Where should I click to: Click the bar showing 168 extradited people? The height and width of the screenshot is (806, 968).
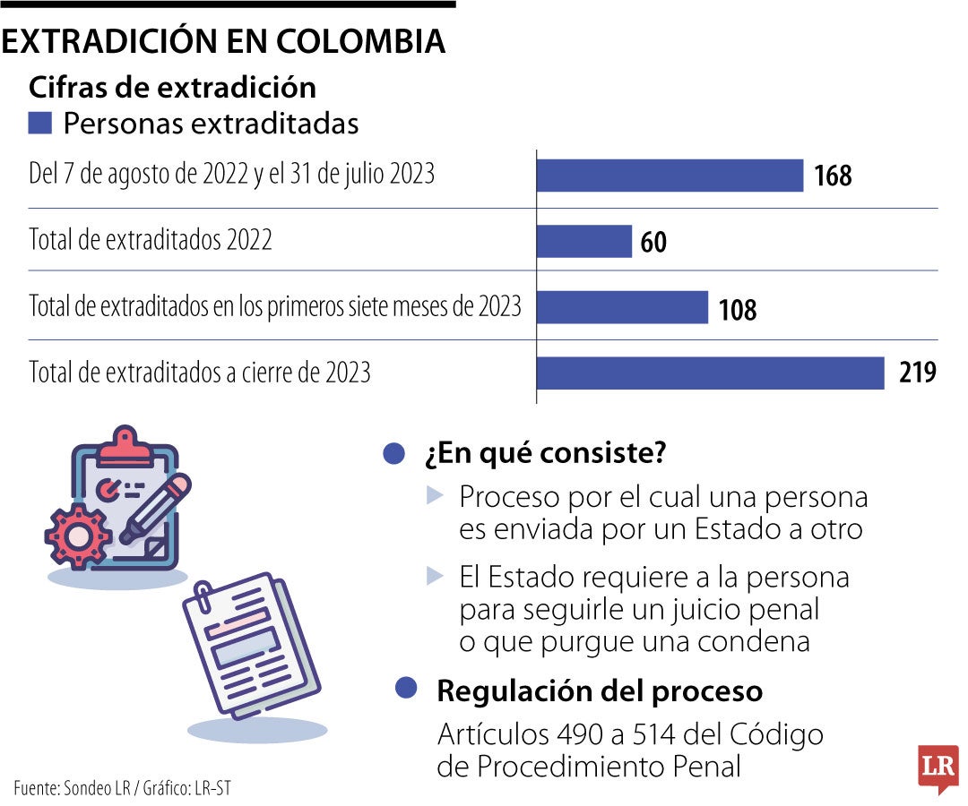(x=670, y=176)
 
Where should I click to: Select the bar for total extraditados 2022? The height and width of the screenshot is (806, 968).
(x=584, y=241)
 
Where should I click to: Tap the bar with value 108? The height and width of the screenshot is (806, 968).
(x=622, y=308)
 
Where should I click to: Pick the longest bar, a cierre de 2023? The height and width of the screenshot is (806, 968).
(x=710, y=373)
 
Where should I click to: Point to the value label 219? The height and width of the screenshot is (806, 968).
(x=918, y=373)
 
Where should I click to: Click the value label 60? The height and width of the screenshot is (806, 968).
(x=653, y=242)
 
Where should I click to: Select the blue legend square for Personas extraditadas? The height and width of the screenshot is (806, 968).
(x=40, y=123)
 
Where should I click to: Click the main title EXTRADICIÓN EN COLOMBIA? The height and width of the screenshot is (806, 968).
(x=223, y=41)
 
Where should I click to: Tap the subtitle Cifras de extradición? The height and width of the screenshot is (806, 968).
(x=172, y=87)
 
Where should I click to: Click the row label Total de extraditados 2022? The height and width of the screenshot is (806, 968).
(x=151, y=240)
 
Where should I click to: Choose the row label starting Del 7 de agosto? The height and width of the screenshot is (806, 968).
(x=231, y=174)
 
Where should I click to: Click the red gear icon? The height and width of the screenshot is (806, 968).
(x=78, y=536)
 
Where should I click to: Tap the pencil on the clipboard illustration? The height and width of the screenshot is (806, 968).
(x=156, y=510)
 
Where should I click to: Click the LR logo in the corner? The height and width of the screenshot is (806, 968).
(x=938, y=767)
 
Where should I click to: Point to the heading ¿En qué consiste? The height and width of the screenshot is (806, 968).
(x=545, y=454)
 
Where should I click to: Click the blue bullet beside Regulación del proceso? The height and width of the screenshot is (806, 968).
(x=406, y=688)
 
